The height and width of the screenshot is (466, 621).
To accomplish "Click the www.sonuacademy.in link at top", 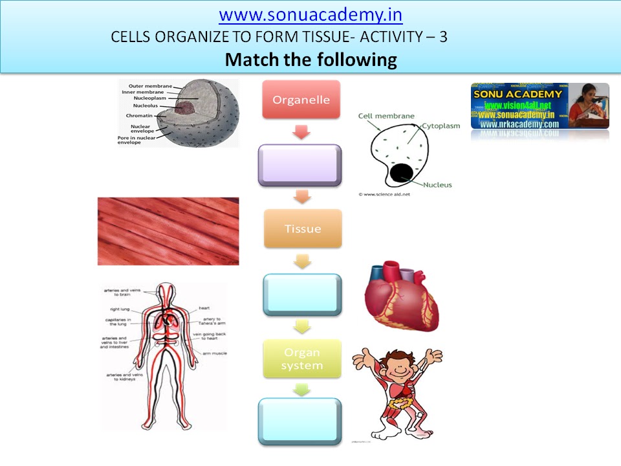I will (x=310, y=14).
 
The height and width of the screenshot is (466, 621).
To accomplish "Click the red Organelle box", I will (x=301, y=100).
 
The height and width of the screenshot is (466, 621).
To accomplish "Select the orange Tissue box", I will (x=303, y=228).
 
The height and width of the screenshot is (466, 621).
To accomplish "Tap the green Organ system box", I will (x=301, y=359).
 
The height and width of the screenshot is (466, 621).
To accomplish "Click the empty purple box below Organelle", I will (x=299, y=166).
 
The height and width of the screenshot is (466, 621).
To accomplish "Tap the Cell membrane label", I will (x=386, y=116).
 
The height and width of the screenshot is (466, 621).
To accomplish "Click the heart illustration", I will (x=401, y=298).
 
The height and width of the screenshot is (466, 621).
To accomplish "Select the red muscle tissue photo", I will (x=168, y=231).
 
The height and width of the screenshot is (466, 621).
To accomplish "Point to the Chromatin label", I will (x=139, y=116).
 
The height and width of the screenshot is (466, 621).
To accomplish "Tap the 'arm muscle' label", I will (x=213, y=354).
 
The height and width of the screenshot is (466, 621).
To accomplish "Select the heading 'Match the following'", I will (x=310, y=60).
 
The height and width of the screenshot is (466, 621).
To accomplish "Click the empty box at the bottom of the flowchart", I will (x=299, y=421).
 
